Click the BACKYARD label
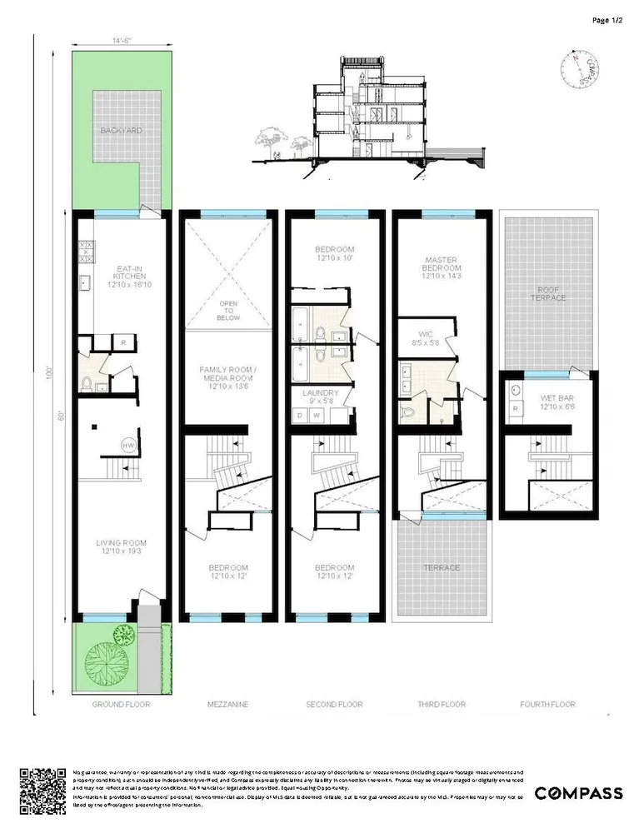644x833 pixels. point(122,131)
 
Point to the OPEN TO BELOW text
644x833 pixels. point(228,311)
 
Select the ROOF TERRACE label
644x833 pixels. point(548,292)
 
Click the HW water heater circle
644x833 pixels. point(129,445)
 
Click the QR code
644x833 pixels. point(42,791)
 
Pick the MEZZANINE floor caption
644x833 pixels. point(227,705)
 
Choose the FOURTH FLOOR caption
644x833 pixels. point(547,705)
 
